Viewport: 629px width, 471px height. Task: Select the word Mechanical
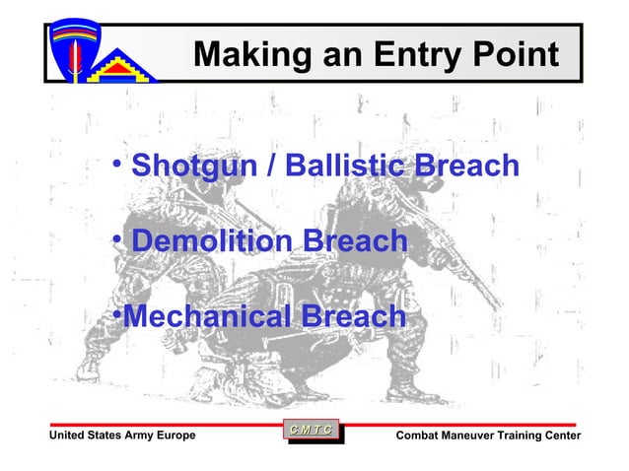click(x=208, y=316)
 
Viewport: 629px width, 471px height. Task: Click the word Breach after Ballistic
click(x=466, y=165)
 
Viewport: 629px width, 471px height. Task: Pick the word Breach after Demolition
click(x=355, y=240)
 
